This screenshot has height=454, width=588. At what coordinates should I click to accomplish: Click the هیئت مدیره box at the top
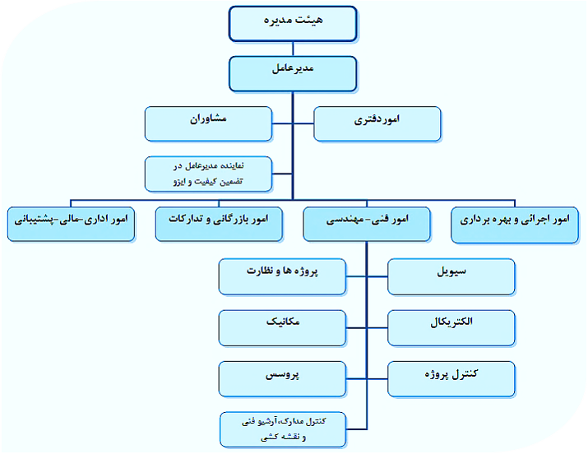[293, 23]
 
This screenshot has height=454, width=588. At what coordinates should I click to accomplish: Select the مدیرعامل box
[293, 74]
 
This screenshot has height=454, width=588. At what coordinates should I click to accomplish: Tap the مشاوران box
[208, 123]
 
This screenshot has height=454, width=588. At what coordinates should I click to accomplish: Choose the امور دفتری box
[377, 123]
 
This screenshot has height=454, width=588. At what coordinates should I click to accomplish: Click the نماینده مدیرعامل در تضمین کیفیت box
[208, 174]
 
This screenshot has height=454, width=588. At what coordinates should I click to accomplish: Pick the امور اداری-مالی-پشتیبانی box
[71, 225]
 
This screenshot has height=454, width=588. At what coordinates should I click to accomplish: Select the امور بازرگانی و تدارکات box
[219, 225]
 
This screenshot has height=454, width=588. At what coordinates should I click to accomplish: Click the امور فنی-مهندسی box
[367, 225]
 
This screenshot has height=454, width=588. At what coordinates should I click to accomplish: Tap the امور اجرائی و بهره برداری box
[515, 225]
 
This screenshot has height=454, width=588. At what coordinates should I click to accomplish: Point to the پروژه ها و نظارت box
[282, 276]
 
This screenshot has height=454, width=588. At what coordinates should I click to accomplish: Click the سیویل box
[451, 276]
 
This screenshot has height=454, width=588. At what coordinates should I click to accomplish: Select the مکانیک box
[282, 328]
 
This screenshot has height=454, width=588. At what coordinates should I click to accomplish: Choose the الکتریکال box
[451, 328]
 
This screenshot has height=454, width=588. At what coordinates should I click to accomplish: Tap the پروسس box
[282, 379]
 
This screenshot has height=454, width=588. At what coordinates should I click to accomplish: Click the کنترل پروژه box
[451, 379]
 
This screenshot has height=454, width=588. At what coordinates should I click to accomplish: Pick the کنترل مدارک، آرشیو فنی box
[283, 429]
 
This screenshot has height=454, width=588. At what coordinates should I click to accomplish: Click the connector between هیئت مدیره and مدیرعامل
[293, 49]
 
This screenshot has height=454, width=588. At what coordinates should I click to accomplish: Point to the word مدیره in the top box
[277, 20]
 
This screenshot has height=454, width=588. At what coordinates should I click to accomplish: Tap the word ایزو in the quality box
[180, 182]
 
